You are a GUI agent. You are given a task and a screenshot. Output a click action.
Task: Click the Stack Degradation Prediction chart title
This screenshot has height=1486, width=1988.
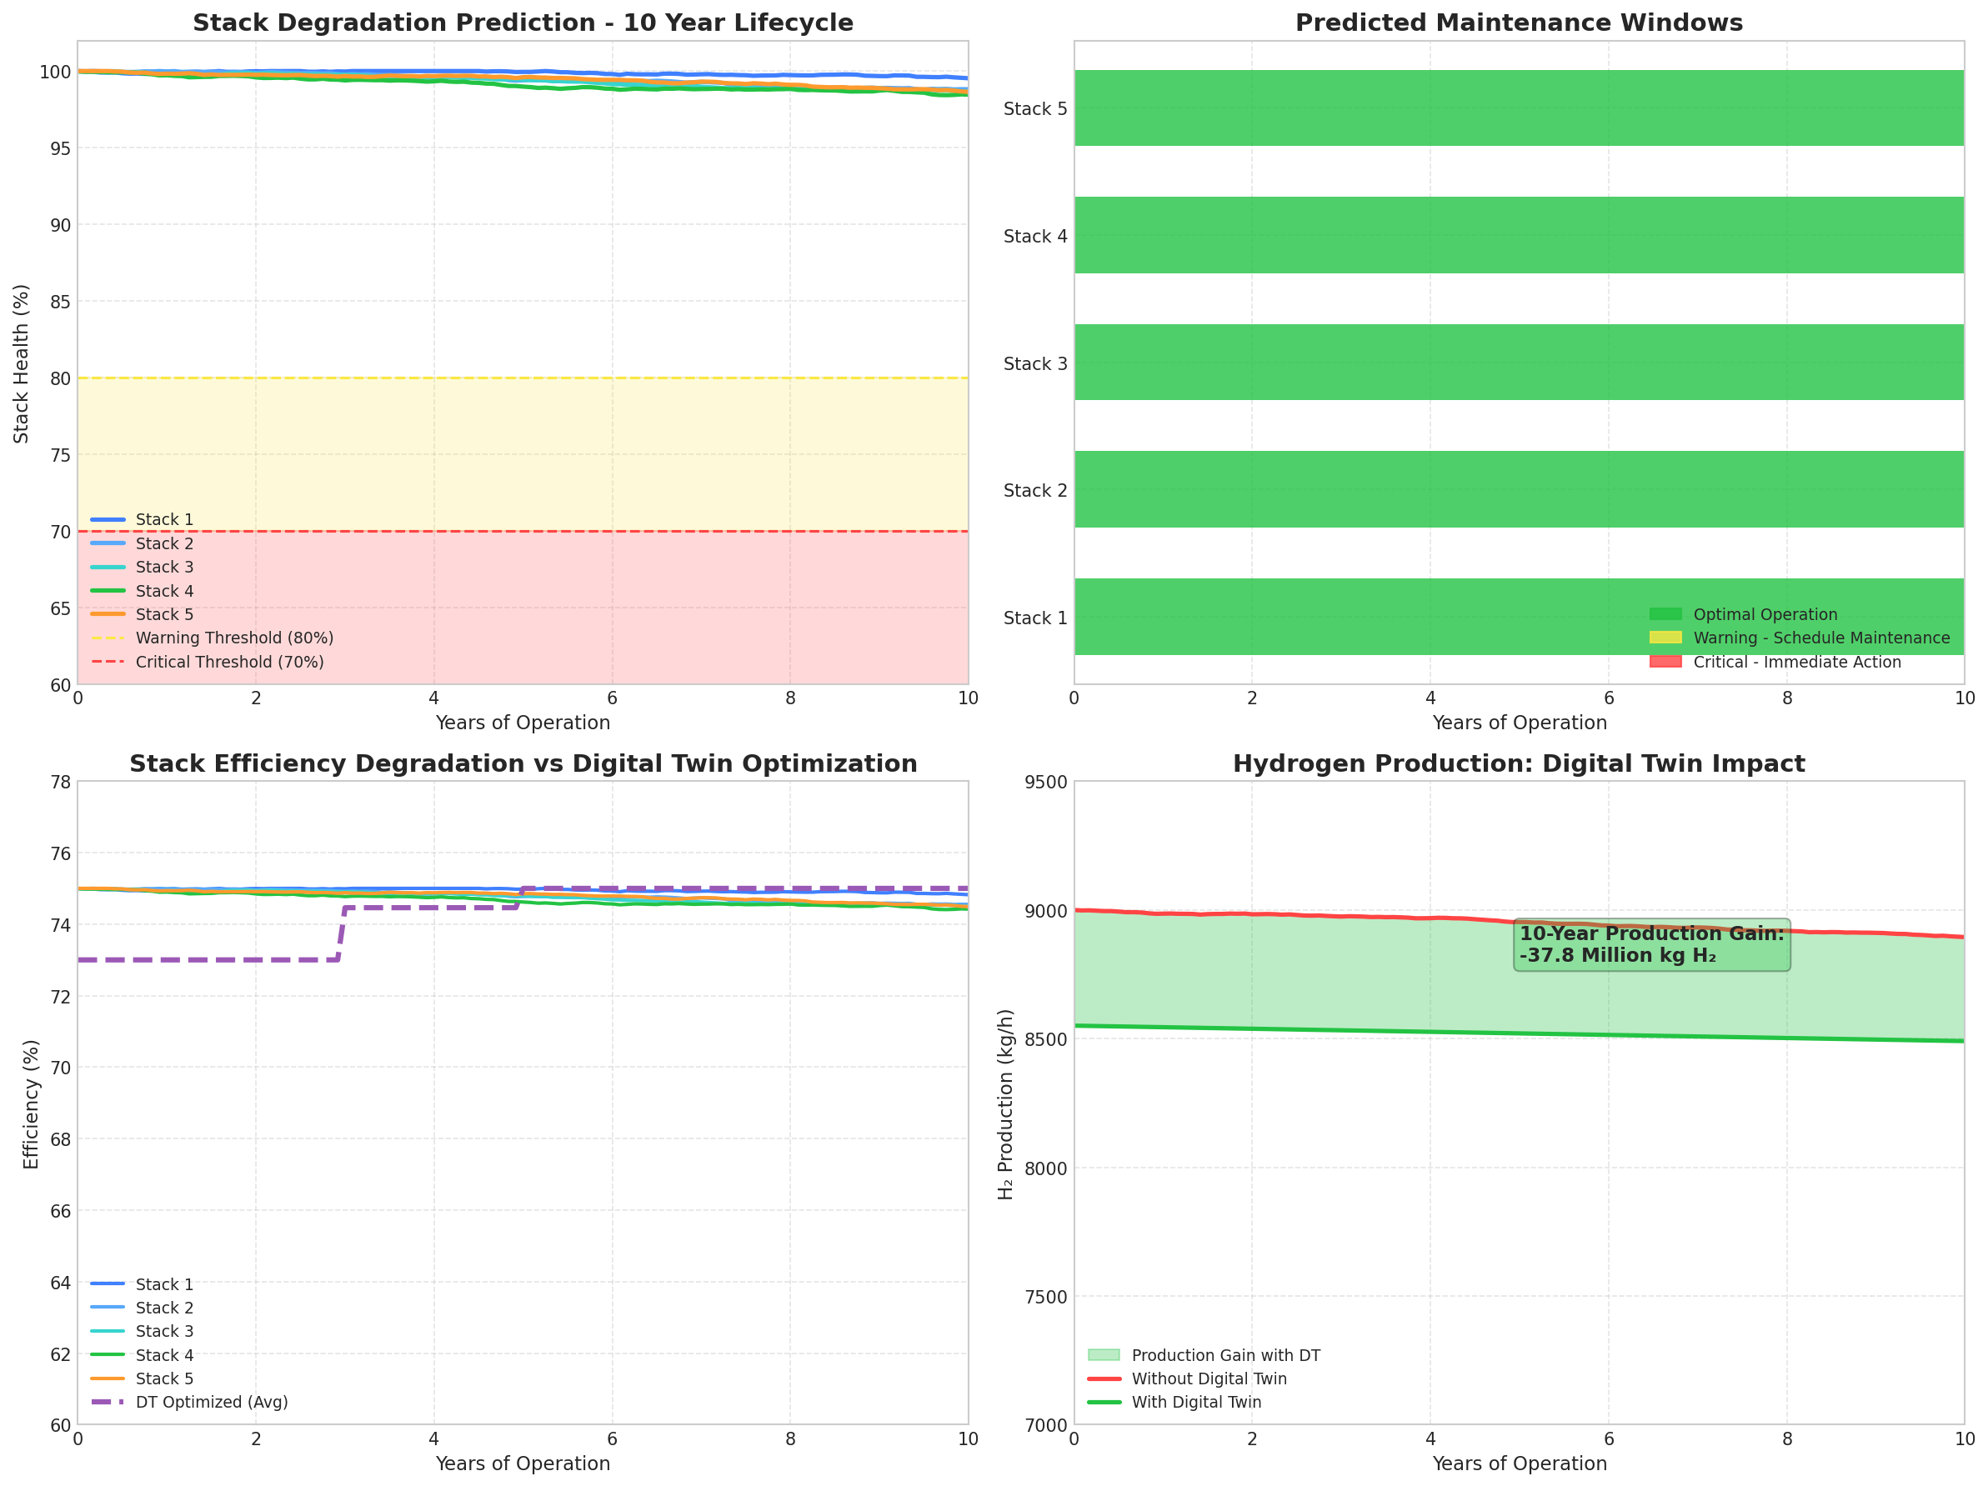point(523,23)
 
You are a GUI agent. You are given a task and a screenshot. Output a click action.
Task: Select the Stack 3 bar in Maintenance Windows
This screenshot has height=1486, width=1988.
point(1519,362)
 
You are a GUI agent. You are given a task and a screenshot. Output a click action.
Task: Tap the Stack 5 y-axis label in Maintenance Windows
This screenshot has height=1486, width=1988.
point(1035,108)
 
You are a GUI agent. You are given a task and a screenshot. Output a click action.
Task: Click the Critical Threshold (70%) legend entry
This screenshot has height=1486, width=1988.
point(229,662)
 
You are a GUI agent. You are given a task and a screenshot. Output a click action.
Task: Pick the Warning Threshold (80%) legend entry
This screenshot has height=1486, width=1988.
point(233,638)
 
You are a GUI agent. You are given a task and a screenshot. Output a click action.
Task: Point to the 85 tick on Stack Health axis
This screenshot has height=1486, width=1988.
point(59,302)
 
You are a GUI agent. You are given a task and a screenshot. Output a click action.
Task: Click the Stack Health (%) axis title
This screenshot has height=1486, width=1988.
point(22,364)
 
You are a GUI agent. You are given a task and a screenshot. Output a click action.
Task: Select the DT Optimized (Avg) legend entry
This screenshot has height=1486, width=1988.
point(211,1403)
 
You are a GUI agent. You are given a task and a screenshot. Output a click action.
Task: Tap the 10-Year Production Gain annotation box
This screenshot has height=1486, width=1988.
point(1651,945)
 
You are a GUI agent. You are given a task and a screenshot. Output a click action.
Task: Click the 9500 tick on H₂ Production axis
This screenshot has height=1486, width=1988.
point(1046,783)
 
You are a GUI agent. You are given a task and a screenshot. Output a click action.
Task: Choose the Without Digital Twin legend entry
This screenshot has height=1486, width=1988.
point(1209,1379)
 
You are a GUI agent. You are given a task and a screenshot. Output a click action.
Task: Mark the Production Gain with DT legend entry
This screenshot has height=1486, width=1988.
point(1225,1355)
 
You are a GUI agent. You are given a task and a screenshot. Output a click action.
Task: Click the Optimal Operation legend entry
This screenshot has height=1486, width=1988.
point(1765,614)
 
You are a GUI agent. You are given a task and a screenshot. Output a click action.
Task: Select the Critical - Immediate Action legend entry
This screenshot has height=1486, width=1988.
point(1796,662)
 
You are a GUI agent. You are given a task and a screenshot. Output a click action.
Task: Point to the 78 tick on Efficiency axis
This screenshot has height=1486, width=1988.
point(59,782)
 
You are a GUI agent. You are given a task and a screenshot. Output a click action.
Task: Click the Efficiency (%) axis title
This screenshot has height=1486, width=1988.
point(32,1104)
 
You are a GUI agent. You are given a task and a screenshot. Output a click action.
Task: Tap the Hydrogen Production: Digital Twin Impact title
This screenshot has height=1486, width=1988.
point(1519,764)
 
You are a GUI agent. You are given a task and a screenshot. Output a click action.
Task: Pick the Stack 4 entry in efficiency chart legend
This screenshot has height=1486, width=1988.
point(163,1355)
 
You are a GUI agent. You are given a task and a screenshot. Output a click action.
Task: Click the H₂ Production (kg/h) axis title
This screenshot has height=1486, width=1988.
point(1007,1104)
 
